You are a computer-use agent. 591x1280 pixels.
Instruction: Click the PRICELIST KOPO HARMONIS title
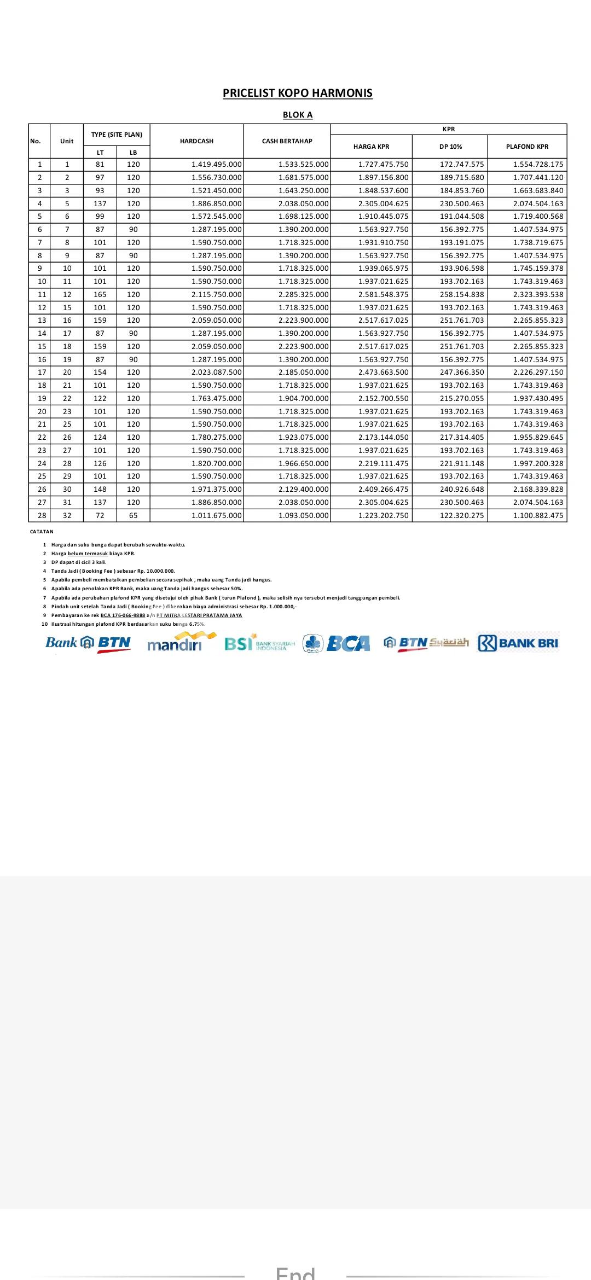(x=297, y=93)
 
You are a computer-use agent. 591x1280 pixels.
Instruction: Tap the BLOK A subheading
(x=297, y=115)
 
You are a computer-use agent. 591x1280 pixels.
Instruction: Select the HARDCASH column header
(x=196, y=141)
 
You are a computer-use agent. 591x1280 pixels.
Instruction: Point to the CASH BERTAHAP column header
(x=287, y=141)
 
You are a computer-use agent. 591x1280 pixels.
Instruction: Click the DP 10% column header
(x=450, y=147)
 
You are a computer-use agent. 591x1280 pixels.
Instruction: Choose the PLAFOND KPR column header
(x=527, y=147)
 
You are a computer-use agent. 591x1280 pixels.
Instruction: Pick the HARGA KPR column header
(x=371, y=147)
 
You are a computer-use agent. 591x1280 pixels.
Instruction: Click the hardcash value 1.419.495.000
(x=216, y=165)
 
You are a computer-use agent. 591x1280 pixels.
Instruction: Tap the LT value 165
(x=100, y=294)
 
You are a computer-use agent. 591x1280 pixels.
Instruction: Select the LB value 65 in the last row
(x=133, y=515)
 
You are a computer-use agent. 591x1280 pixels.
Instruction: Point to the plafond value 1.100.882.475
(x=538, y=515)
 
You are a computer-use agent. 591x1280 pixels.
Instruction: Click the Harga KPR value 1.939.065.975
(x=383, y=269)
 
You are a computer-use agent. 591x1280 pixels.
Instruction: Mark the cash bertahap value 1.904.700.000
(x=303, y=398)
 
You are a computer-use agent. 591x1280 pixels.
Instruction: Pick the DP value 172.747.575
(x=462, y=165)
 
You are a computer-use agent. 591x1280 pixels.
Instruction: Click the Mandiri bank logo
(x=178, y=643)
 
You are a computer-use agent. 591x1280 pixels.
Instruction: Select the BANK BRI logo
(x=518, y=643)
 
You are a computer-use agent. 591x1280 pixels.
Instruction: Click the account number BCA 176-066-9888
(x=123, y=615)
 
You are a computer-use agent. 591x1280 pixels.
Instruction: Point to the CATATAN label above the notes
(x=42, y=532)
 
